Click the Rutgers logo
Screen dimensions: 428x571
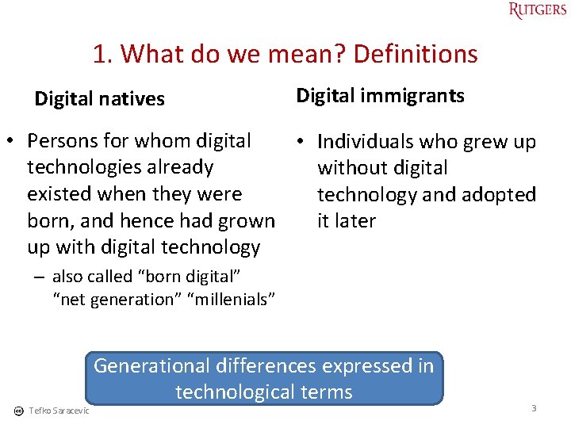538,10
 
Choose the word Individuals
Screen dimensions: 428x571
366,142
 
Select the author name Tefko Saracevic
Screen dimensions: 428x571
59,410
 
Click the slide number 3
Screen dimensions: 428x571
534,408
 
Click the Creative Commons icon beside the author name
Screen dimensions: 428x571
18,410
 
